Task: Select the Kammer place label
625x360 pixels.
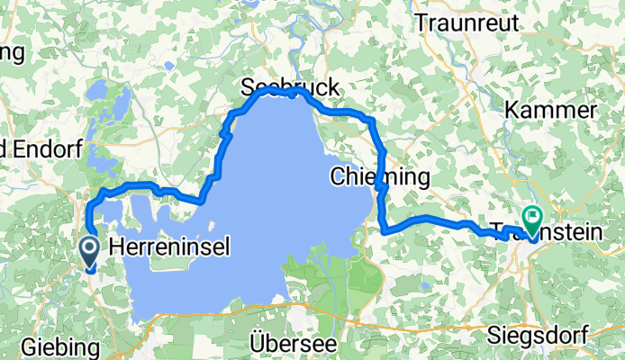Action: (551, 110)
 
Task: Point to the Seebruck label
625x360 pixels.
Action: (290, 87)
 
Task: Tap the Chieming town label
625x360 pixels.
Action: (379, 175)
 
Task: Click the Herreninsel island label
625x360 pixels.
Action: (168, 246)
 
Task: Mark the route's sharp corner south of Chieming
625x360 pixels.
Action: (385, 231)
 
